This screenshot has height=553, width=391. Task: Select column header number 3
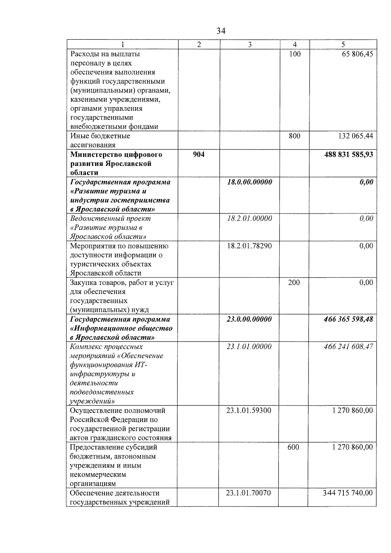coord(250,45)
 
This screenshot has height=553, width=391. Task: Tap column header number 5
coord(343,45)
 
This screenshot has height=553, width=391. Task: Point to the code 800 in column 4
coord(295,136)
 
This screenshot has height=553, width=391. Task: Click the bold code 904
coord(199,154)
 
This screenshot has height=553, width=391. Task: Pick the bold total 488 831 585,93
coord(349,154)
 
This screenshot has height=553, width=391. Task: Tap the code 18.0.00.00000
coord(250,182)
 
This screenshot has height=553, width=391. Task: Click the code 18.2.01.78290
coord(249,246)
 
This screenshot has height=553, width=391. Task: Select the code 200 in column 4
coord(294,283)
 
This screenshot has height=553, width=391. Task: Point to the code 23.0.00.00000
coord(249,319)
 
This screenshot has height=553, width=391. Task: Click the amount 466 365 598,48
coord(349,319)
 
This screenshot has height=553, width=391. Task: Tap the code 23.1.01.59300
coord(249,411)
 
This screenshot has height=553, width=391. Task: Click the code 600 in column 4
coord(293,447)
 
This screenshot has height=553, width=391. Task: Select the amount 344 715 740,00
coord(348,493)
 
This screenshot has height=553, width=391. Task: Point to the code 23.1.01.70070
coord(248,493)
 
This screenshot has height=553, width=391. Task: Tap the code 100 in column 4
coord(295,54)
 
